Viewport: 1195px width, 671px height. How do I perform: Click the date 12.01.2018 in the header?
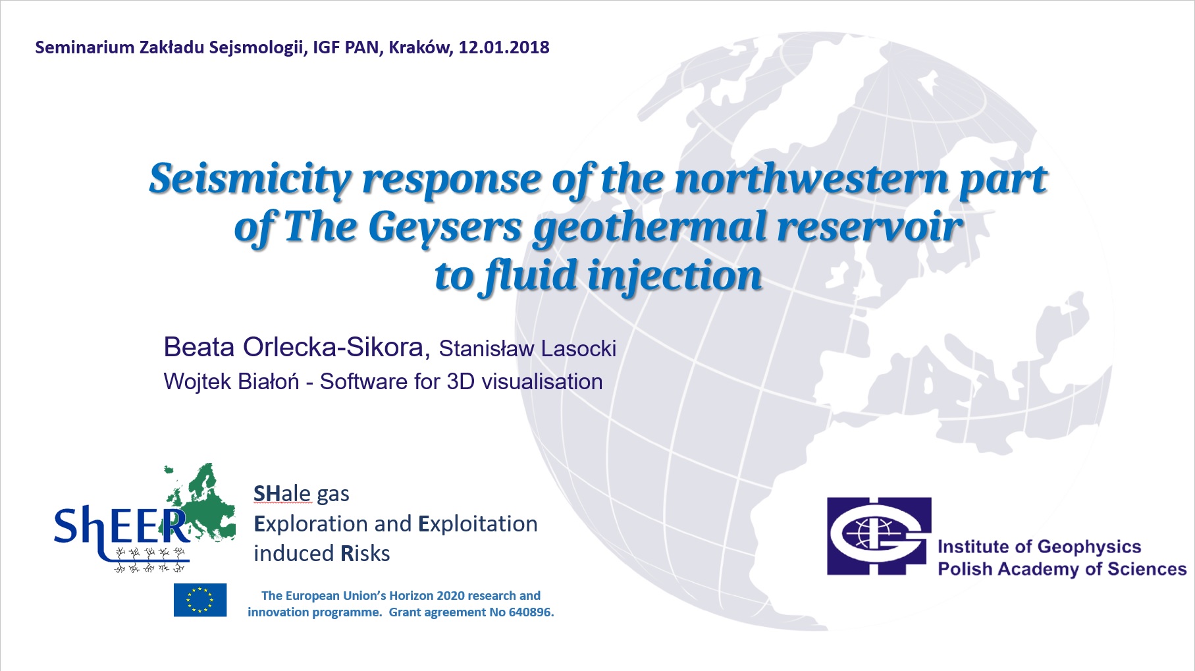(504, 47)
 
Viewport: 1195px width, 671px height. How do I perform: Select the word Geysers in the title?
(444, 228)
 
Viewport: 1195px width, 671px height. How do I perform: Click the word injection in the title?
(674, 277)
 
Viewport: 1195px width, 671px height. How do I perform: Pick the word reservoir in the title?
(869, 227)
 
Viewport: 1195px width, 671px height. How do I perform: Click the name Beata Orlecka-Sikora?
(296, 347)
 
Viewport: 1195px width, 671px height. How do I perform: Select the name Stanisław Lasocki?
(527, 348)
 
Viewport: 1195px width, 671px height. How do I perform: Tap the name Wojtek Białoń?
(231, 381)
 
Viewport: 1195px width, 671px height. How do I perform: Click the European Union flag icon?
(200, 600)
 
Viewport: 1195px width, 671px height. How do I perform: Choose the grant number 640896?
(531, 612)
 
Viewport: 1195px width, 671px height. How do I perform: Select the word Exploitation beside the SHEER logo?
(478, 523)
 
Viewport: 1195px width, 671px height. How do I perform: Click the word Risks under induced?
(365, 553)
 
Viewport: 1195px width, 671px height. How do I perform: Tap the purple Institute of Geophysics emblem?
(879, 536)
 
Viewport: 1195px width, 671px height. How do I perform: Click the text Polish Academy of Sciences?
(1062, 569)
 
